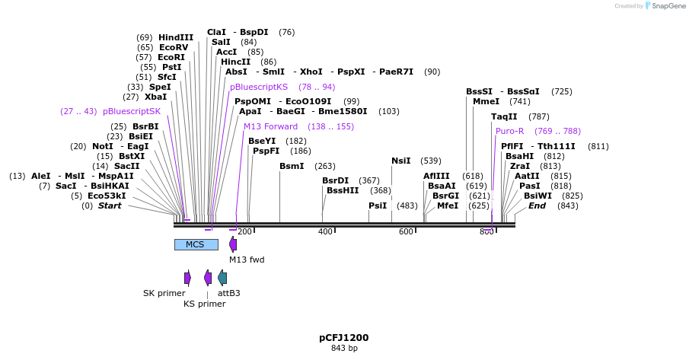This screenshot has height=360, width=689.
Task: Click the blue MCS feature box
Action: click(196, 244)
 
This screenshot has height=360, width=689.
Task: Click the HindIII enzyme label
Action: click(175, 37)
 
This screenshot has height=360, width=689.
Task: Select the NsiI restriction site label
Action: click(400, 161)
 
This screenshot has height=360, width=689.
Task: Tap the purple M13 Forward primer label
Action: click(270, 126)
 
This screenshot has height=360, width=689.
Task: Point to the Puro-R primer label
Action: click(509, 131)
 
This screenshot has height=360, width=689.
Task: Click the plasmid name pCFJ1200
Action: click(343, 337)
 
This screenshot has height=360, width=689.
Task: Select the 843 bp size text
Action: click(343, 349)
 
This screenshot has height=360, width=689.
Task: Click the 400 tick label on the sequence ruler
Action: click(325, 231)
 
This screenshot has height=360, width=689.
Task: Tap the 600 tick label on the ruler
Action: click(406, 231)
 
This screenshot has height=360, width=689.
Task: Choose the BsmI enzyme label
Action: click(291, 166)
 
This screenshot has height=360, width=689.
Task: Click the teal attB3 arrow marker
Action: click(222, 278)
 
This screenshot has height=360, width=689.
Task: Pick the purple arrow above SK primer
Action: click(187, 278)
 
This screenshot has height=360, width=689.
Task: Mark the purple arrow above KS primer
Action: click(207, 278)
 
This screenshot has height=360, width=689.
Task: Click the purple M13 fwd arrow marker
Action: click(233, 244)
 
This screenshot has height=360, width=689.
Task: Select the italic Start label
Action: click(110, 205)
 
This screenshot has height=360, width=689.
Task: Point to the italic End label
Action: click(537, 205)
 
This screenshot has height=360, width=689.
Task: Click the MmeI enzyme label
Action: click(486, 101)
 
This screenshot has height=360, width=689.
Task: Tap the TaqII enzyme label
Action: click(504, 116)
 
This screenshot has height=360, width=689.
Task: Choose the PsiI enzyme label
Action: click(378, 205)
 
